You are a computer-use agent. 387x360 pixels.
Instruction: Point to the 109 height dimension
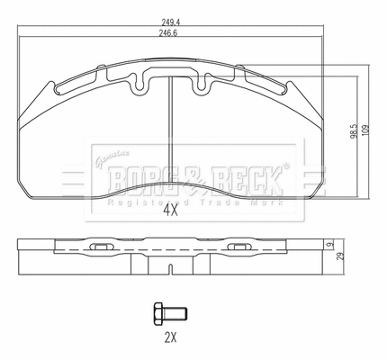(364, 129)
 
